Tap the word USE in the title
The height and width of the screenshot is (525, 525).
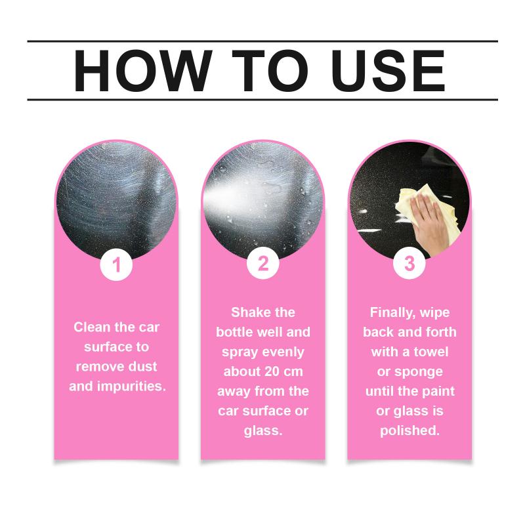click(388, 71)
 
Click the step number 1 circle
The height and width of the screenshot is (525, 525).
click(116, 264)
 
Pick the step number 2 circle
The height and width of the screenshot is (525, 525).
click(263, 263)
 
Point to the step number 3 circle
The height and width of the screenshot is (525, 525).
click(409, 263)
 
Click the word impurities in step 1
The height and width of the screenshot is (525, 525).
click(131, 387)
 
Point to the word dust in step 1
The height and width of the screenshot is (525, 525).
click(142, 367)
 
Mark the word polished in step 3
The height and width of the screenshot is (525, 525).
click(409, 431)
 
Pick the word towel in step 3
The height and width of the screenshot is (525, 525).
click(431, 352)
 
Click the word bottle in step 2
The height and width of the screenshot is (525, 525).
click(232, 332)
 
